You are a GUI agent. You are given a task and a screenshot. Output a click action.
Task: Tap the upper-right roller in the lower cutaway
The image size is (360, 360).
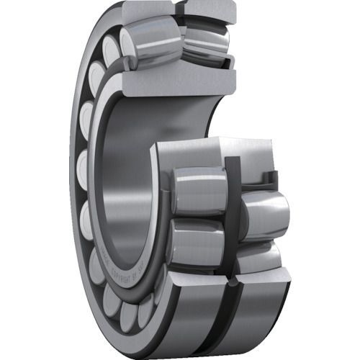263,212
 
